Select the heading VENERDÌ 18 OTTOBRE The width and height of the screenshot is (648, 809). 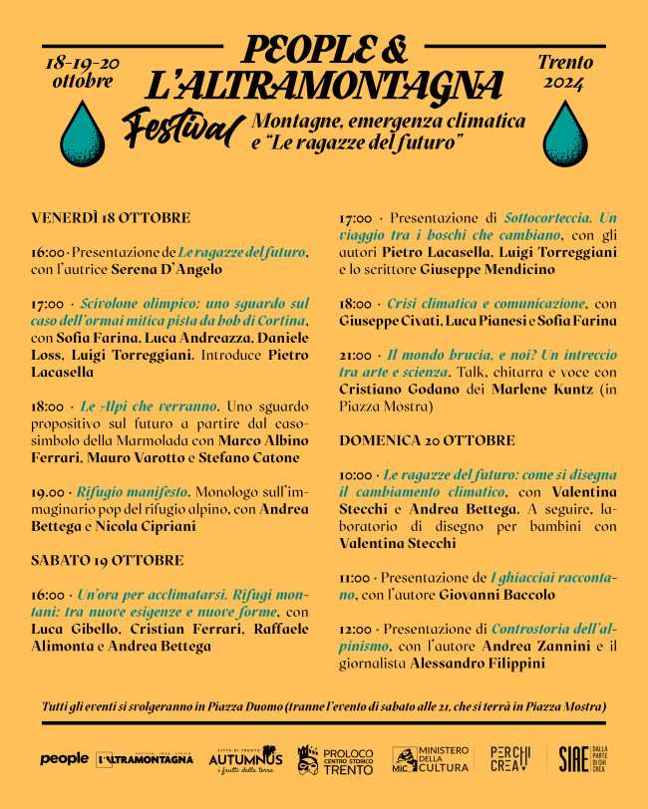click(x=111, y=218)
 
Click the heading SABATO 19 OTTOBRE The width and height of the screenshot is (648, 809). click(x=107, y=560)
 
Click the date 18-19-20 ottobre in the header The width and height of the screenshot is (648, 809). click(x=82, y=72)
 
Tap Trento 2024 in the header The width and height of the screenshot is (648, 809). click(x=564, y=72)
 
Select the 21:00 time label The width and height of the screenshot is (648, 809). click(x=355, y=355)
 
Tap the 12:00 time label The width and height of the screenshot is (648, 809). click(x=355, y=630)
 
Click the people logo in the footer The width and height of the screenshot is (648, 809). click(x=64, y=759)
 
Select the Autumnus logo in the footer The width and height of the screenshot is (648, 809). click(x=245, y=759)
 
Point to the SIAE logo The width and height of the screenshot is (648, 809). click(x=572, y=759)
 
